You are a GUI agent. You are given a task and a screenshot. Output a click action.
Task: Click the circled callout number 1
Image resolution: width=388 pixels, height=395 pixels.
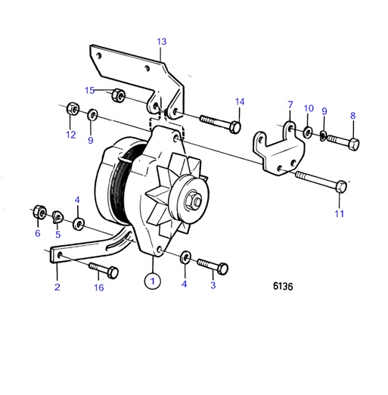coord(154,281)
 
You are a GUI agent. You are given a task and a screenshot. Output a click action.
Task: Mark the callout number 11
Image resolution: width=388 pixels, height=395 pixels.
coord(340,213)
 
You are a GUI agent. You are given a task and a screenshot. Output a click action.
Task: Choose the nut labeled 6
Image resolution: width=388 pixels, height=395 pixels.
coord(37,212)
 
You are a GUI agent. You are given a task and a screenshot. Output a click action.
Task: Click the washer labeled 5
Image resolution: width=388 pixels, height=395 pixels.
coord(57,218)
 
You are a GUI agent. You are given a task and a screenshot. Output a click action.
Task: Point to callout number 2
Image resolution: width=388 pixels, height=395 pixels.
coord(57,287)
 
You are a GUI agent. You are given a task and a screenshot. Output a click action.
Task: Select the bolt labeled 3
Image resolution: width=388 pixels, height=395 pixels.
coord(213,266)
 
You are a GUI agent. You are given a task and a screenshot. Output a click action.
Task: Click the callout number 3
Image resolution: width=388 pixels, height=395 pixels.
coord(213,285)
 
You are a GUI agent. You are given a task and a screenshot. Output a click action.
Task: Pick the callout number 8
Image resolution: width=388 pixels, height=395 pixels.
coord(352,116)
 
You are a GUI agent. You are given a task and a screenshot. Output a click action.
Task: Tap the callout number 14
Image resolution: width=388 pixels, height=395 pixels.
coord(240,101)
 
